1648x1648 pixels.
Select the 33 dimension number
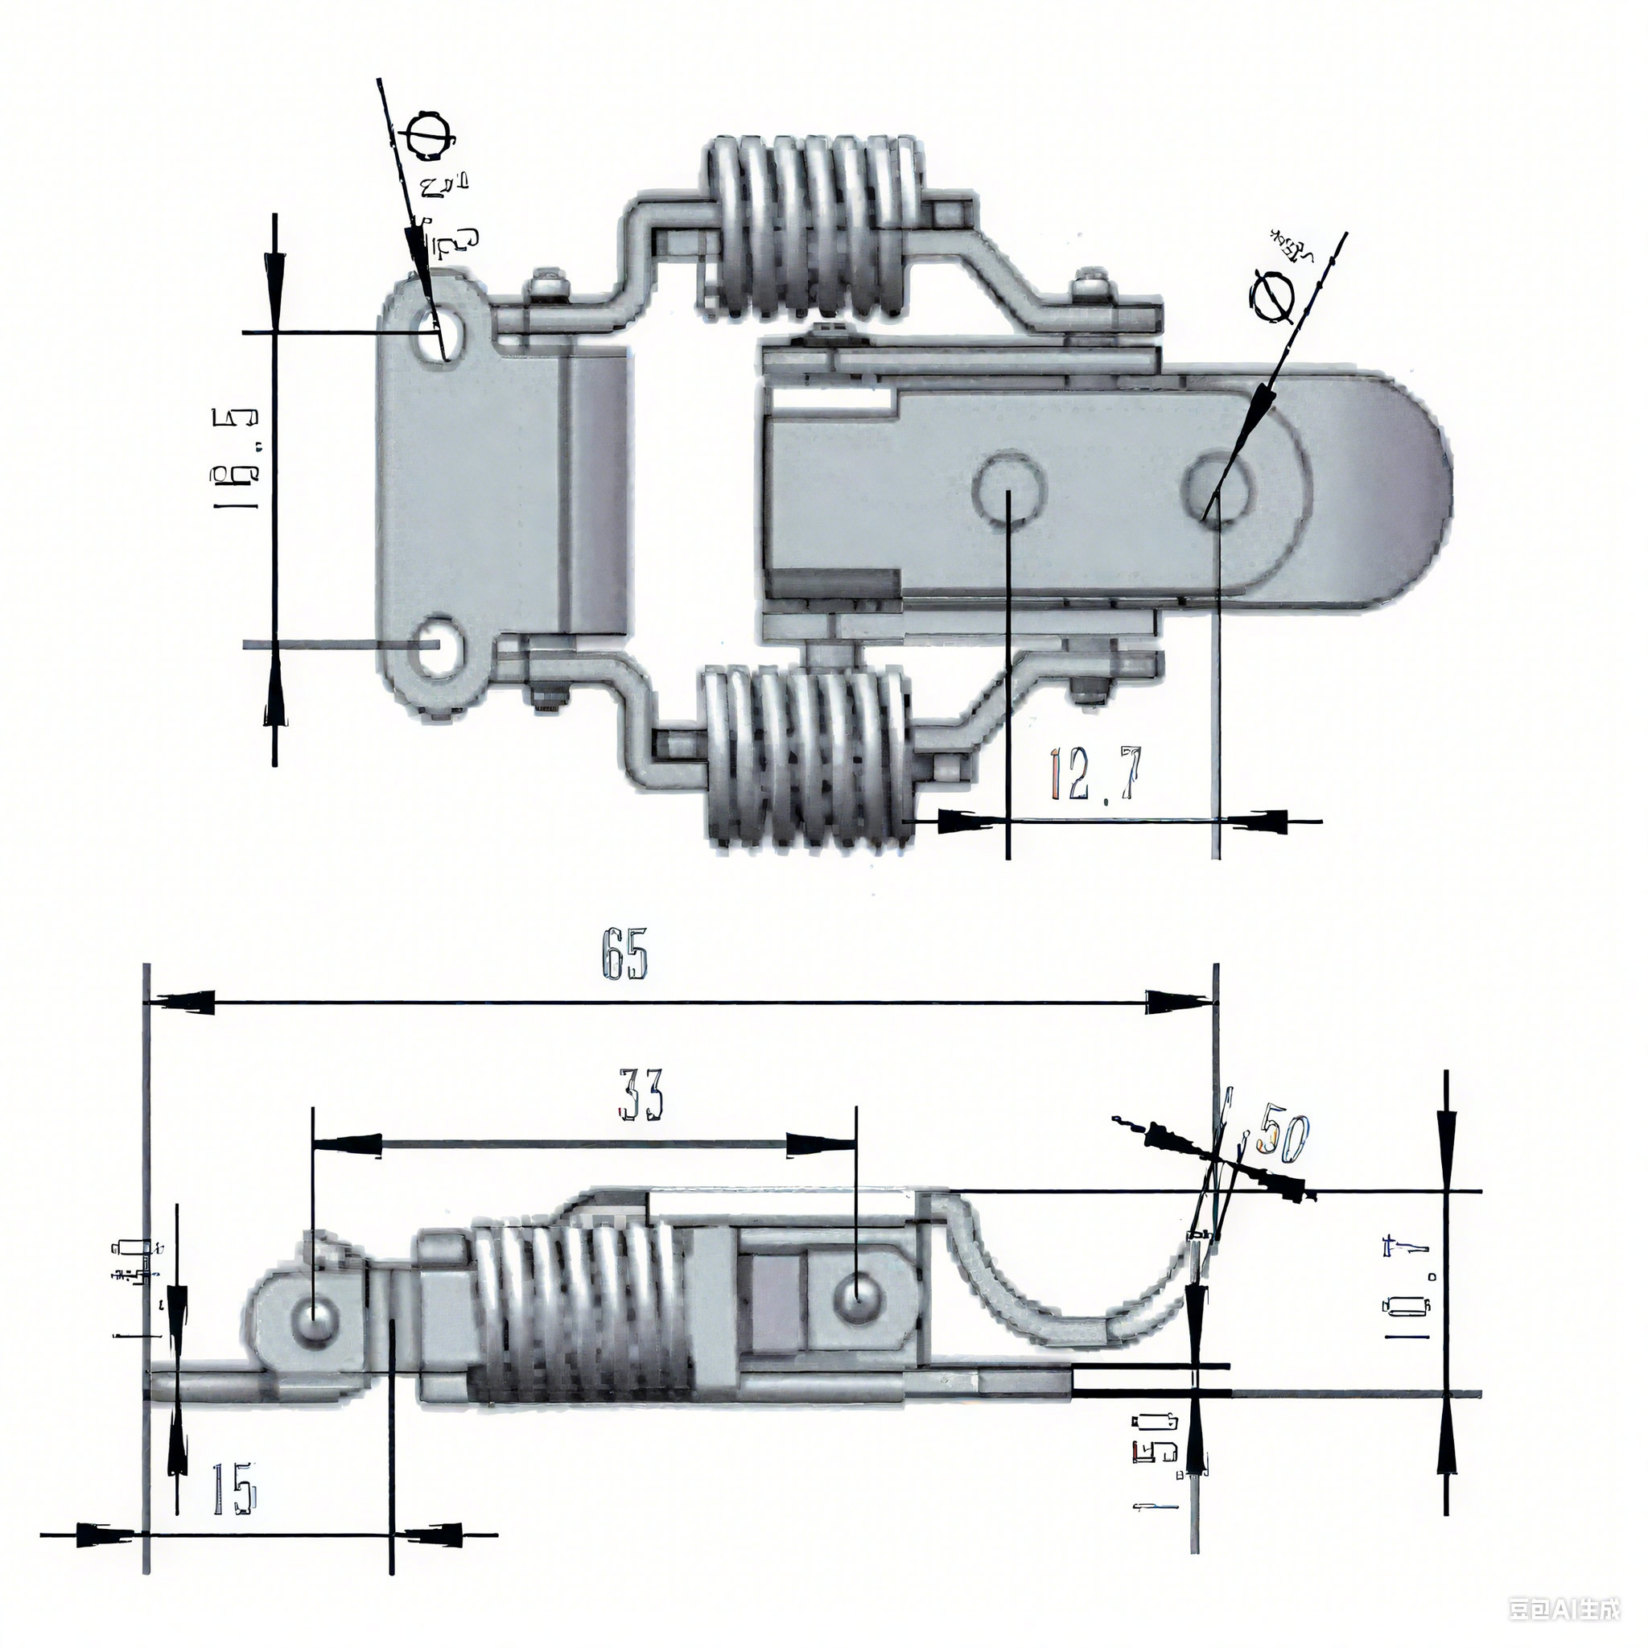tap(640, 1094)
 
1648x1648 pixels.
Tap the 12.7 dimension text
tap(1094, 772)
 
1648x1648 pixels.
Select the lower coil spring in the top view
tap(808, 759)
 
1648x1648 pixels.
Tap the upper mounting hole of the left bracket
tap(442, 332)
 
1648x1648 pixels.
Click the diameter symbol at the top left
tap(429, 138)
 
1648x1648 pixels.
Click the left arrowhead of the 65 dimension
tap(183, 1003)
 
